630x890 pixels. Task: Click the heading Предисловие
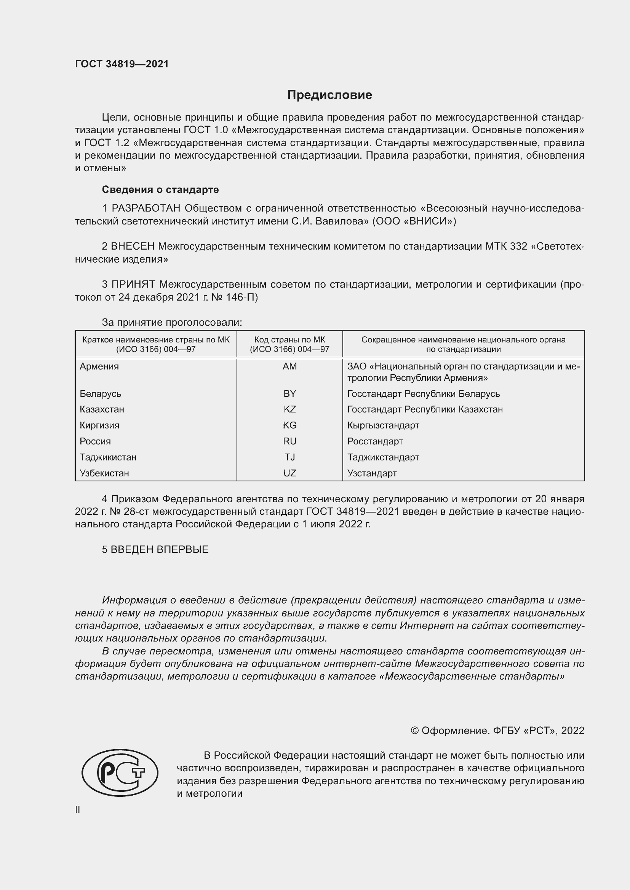329,95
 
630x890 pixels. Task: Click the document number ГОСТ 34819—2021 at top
122,64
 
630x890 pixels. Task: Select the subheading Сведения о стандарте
160,189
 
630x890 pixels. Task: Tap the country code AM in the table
289,366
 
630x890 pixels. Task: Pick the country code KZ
289,409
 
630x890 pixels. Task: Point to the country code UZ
289,473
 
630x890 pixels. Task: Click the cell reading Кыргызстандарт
383,425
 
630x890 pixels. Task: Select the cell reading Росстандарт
375,441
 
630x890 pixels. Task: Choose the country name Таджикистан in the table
108,457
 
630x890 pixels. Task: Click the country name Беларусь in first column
100,393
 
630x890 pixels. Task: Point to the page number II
78,809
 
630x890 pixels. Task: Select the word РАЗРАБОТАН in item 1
146,209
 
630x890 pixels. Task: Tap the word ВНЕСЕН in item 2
133,247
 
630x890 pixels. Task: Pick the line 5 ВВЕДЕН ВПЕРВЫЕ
155,549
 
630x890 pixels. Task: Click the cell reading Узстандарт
372,473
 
